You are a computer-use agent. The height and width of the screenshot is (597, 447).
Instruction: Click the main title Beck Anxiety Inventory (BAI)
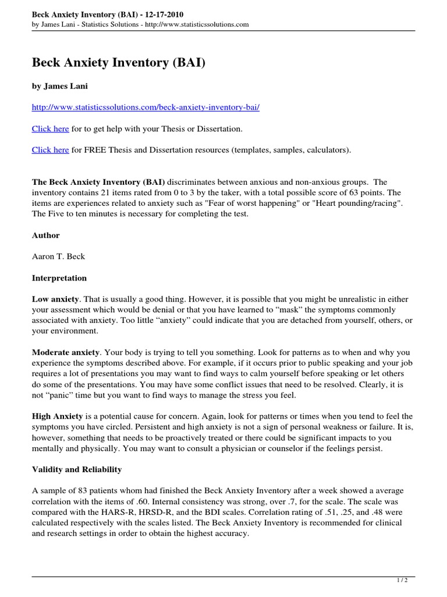pyautogui.click(x=118, y=62)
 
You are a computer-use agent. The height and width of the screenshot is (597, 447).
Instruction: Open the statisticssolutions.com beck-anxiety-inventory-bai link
pyautogui.click(x=146, y=108)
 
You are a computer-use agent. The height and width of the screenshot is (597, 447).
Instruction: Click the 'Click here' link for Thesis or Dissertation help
pyautogui.click(x=50, y=128)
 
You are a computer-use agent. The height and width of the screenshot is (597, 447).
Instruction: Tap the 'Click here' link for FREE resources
pyautogui.click(x=50, y=150)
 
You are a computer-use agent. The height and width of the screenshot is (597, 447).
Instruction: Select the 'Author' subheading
pyautogui.click(x=45, y=236)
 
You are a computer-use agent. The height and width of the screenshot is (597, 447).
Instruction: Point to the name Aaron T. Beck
pyautogui.click(x=59, y=257)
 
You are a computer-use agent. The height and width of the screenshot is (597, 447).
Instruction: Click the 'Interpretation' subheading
pyautogui.click(x=59, y=278)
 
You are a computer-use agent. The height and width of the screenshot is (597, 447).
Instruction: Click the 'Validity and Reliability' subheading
pyautogui.click(x=77, y=469)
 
